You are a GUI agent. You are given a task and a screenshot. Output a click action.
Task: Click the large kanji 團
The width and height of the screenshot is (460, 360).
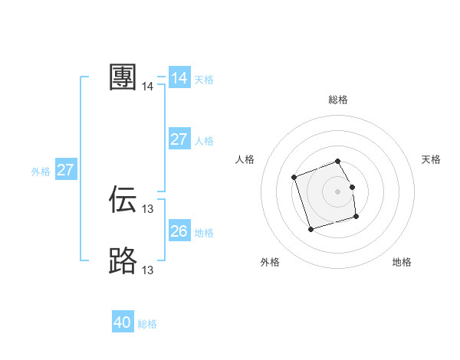[123, 77]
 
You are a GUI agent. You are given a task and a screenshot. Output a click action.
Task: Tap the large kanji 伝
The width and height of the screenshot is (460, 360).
[123, 199]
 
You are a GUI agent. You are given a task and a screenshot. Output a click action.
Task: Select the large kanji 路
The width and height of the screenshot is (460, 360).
[123, 260]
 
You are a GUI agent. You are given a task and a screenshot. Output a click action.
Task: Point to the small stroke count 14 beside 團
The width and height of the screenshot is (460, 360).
[148, 87]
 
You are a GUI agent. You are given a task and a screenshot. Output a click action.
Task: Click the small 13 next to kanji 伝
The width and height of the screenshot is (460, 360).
[148, 209]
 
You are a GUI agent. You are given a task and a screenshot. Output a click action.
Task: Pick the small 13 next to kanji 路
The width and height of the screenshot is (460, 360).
[148, 270]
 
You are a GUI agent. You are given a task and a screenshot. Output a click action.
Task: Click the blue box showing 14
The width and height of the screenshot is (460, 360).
[179, 78]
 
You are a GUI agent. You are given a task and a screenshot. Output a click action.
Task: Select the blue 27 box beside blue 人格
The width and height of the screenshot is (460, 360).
[179, 139]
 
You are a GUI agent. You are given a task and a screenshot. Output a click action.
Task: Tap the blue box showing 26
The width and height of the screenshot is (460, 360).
[179, 231]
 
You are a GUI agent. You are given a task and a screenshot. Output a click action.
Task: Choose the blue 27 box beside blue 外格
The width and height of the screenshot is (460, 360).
[66, 170]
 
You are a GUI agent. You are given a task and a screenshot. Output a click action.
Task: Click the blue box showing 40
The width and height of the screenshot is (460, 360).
[123, 322]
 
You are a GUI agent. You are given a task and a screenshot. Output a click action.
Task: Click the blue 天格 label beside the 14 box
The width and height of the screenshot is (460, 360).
[204, 79]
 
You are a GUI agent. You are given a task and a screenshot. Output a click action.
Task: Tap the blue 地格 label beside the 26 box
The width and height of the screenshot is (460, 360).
[204, 232]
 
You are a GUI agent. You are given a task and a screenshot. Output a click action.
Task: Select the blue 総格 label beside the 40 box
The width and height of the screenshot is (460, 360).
[147, 324]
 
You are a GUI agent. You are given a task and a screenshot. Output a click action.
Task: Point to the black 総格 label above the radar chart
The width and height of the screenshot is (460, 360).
[338, 100]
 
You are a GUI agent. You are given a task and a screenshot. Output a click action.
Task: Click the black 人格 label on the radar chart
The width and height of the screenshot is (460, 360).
[245, 159]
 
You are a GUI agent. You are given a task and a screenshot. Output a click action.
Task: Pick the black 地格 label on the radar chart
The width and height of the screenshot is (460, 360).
[402, 262]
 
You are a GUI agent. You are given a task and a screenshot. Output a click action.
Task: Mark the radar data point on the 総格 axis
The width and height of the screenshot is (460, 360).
[338, 161]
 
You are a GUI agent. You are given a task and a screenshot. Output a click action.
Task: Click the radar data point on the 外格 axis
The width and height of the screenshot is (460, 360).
[310, 229]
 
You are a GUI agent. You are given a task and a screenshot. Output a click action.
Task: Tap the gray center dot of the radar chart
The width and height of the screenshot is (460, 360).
[338, 190]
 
